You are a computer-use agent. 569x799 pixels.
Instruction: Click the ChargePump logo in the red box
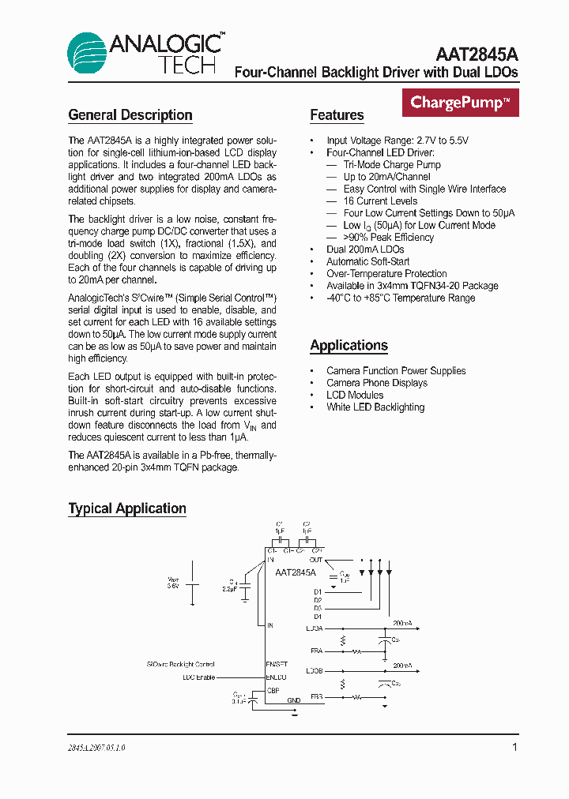(x=460, y=103)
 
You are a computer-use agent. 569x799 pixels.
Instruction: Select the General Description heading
(x=130, y=115)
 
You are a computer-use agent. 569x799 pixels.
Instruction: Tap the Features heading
(x=337, y=115)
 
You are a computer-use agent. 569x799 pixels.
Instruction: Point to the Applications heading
(x=349, y=346)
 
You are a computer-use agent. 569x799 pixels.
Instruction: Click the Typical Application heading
(x=127, y=508)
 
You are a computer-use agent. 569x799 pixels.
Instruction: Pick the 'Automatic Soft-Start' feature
(x=368, y=261)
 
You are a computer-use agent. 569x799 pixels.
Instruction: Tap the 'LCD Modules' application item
(x=355, y=395)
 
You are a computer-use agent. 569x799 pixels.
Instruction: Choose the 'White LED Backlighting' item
(x=375, y=407)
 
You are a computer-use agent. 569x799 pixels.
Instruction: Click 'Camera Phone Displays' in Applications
(x=377, y=383)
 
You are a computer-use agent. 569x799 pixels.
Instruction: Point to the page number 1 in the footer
(x=514, y=747)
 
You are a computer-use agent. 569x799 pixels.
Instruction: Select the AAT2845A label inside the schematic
(x=296, y=572)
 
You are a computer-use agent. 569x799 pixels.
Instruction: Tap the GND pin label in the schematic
(x=294, y=700)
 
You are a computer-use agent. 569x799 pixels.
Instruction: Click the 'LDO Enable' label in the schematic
(x=198, y=677)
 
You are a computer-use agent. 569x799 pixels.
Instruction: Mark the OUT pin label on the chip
(x=316, y=559)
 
